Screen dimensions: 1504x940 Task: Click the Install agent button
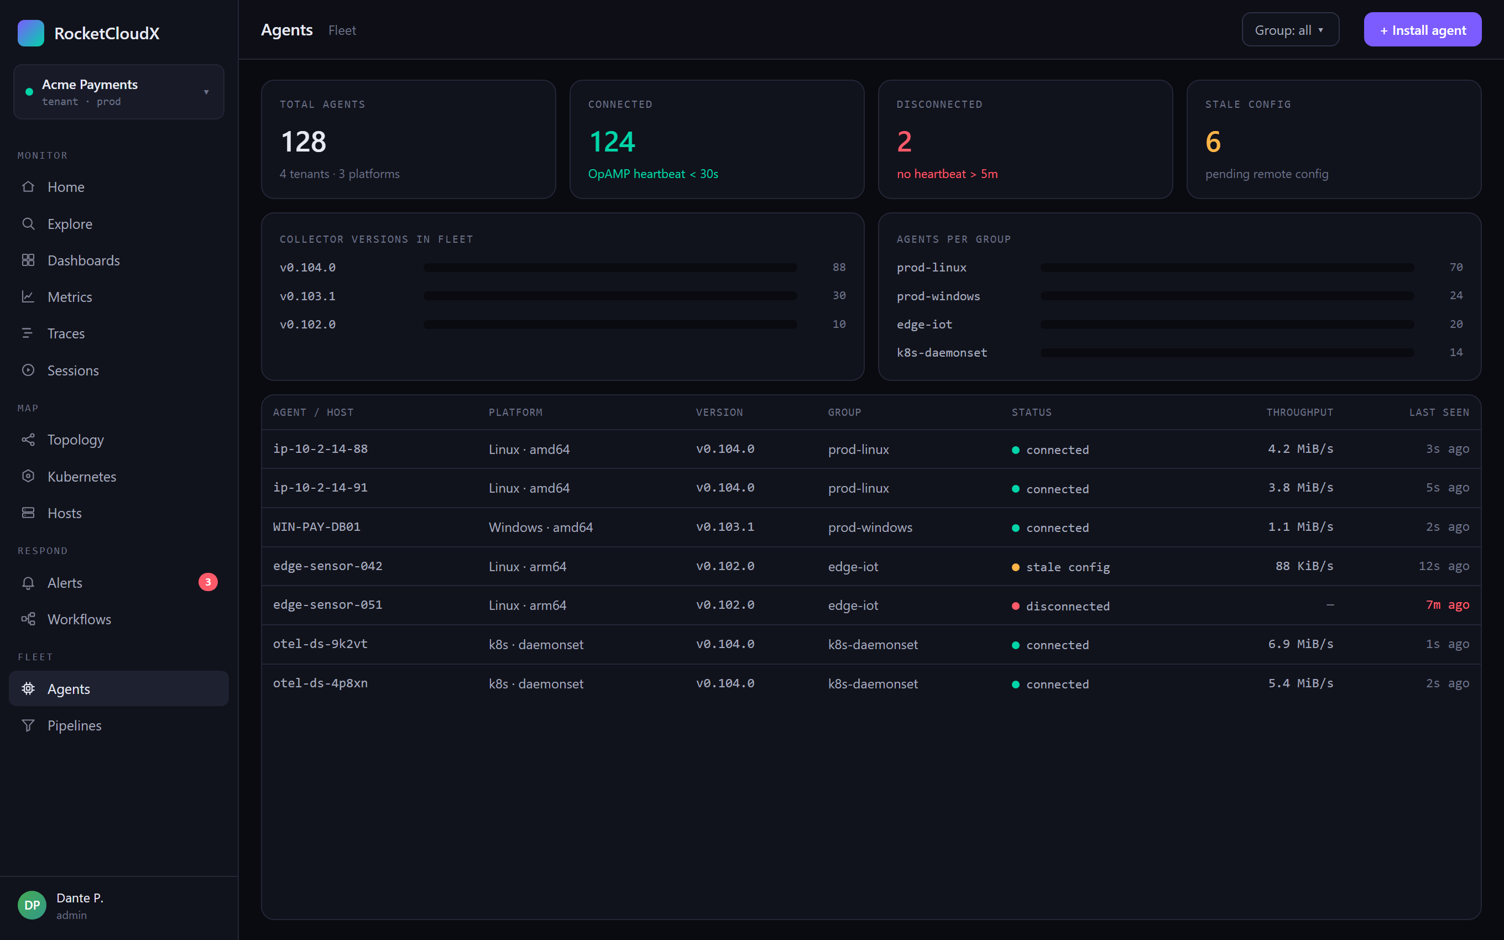(1422, 30)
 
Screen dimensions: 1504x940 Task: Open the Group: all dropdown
(1290, 30)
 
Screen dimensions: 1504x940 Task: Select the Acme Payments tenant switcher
(119, 92)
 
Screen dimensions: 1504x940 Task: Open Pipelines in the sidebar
(74, 725)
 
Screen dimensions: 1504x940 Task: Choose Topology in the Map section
(75, 440)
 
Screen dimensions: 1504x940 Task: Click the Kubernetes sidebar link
(81, 476)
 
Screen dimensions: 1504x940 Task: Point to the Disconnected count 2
(904, 142)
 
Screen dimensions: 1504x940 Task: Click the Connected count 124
(612, 142)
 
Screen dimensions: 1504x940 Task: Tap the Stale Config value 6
(1213, 142)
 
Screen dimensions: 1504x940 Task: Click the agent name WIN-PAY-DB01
(317, 526)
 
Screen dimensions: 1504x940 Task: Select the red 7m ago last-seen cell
(1448, 605)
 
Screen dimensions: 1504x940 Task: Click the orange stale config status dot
(1016, 567)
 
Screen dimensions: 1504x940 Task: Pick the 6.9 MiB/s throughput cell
(1300, 644)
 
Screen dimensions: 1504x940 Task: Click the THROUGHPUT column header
(1299, 412)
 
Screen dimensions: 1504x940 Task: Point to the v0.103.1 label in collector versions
(307, 296)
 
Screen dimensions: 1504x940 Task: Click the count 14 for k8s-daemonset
(1456, 353)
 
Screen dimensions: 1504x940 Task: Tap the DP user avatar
(32, 905)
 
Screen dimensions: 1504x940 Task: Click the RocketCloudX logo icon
(31, 33)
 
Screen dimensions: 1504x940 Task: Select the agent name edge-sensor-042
(327, 566)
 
